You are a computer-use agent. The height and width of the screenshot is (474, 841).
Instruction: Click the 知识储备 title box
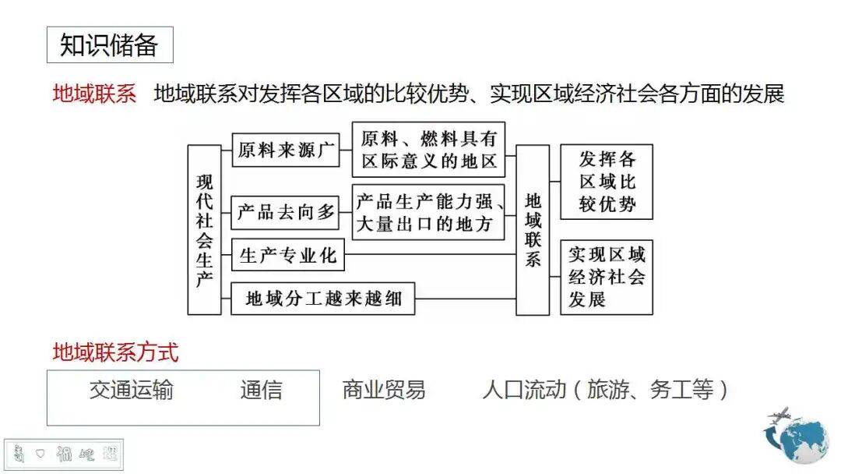[x=109, y=45]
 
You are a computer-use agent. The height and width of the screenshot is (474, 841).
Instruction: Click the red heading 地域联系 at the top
[x=93, y=94]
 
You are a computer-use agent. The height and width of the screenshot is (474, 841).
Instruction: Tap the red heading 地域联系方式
[x=115, y=352]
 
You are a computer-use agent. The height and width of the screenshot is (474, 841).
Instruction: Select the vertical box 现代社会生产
[x=204, y=230]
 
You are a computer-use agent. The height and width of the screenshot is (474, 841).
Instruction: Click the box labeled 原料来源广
[x=286, y=150]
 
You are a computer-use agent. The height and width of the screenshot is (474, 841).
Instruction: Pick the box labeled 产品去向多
[x=286, y=212]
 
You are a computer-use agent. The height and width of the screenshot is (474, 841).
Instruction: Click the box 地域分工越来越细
[x=322, y=298]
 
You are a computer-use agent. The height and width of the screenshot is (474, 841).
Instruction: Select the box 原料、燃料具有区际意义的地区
[x=428, y=150]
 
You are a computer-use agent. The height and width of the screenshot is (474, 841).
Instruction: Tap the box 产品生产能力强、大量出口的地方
[x=428, y=212]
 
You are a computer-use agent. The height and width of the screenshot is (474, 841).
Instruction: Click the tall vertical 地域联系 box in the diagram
[x=533, y=230]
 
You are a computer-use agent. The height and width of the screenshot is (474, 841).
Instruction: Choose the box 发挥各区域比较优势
[x=607, y=182]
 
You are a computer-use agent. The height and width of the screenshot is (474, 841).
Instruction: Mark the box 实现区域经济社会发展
[x=607, y=277]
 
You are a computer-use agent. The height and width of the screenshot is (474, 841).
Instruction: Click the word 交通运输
[x=132, y=390]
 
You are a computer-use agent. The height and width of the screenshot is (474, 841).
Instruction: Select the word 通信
[x=261, y=390]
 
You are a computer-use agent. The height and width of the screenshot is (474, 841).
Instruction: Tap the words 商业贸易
[x=384, y=390]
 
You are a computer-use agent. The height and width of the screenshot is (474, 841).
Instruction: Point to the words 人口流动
[x=523, y=390]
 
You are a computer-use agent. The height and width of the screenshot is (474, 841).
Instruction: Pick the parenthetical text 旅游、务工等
[x=649, y=390]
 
